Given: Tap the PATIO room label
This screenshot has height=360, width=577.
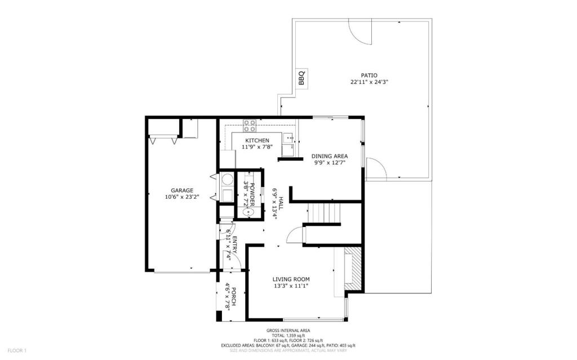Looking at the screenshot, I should tap(369, 75).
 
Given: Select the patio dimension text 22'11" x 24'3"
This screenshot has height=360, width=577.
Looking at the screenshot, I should tap(369, 82).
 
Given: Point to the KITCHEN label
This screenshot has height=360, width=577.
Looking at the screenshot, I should tap(257, 140).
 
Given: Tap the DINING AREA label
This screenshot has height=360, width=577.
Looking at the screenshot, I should tap(330, 156).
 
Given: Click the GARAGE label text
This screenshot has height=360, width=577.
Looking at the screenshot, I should tap(183, 190).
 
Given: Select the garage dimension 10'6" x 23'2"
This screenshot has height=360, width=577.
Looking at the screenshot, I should tap(183, 197).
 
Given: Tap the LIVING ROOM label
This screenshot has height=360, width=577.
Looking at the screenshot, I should tap(291, 279).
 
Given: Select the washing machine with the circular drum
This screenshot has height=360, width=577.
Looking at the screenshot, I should tap(227, 180).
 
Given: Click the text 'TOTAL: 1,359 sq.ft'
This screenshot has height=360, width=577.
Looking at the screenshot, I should tap(288, 336).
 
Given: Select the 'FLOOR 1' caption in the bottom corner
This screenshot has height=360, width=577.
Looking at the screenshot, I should tap(17, 350).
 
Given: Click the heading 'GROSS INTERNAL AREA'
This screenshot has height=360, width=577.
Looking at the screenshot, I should tap(288, 331).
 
